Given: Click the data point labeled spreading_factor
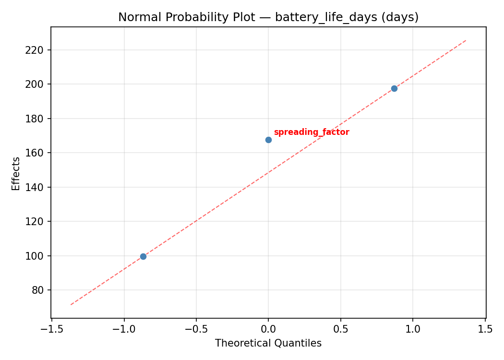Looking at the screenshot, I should point(268,140).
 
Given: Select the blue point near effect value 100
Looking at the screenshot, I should point(143,256).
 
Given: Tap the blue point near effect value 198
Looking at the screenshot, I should point(394,88).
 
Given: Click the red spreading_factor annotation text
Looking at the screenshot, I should point(312,132).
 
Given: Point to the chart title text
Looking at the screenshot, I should point(268,17).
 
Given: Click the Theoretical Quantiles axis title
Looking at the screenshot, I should point(268,343).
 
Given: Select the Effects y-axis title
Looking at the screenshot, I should point(16,173).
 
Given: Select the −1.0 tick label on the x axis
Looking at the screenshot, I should point(124,329).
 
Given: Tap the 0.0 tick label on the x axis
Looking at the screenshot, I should point(268,329).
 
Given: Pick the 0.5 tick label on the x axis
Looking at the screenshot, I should point(341,329).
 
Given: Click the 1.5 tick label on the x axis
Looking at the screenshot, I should point(485,329).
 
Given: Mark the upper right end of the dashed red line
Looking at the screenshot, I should point(466,40).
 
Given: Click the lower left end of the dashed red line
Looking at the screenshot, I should point(71,304).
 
